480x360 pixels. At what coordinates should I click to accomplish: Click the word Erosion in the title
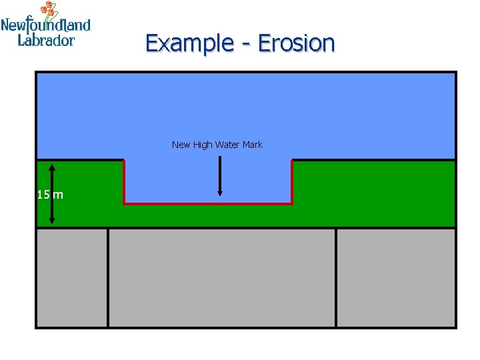(296, 43)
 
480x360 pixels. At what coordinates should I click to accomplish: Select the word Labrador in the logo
(46, 40)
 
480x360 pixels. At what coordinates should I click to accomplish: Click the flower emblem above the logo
(49, 10)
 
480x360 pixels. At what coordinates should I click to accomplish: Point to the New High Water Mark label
(217, 145)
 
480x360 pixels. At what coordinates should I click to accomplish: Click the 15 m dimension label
(50, 195)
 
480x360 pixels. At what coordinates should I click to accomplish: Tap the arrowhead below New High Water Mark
(220, 193)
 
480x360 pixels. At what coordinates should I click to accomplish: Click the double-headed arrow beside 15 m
(52, 193)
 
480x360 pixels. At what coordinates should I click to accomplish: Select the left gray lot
(71, 277)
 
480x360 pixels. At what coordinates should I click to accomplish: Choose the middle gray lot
(221, 277)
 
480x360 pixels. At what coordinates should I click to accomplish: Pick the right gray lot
(396, 277)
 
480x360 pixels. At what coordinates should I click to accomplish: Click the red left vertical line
(124, 181)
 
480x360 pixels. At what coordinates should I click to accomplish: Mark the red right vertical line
(292, 181)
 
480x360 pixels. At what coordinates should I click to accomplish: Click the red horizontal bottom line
(208, 203)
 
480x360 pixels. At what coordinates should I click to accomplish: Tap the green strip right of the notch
(373, 193)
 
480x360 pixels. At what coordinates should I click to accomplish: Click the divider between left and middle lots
(107, 277)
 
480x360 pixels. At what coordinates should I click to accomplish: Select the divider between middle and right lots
(336, 277)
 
